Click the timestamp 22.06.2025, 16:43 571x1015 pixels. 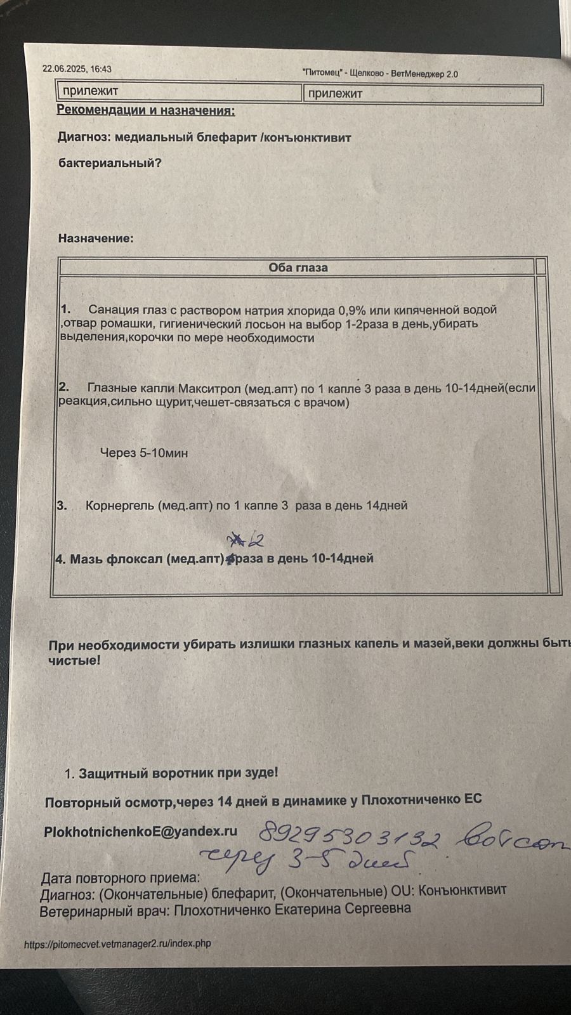click(x=77, y=69)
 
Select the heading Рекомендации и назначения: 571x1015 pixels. click(x=146, y=110)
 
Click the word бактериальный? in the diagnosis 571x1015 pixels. click(x=110, y=163)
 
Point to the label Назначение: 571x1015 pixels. click(x=96, y=239)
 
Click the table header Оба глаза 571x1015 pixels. click(x=298, y=268)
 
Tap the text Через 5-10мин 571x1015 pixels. click(x=144, y=453)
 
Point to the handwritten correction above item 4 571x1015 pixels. click(x=246, y=540)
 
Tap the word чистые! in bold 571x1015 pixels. click(x=74, y=660)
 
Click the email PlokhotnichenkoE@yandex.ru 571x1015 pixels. click(x=140, y=832)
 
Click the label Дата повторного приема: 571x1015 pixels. click(x=121, y=879)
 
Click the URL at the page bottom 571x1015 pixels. click(x=117, y=943)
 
